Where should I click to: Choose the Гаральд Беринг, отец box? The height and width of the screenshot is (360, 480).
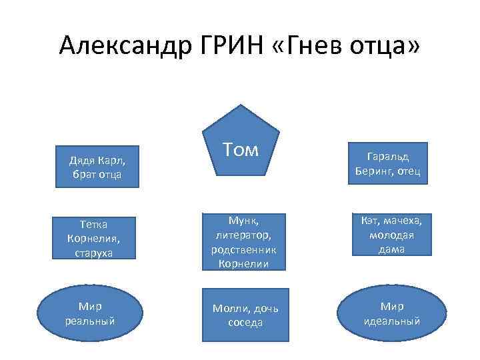pyautogui.click(x=387, y=163)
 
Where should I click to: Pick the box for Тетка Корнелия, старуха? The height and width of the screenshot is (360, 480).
pyautogui.click(x=97, y=238)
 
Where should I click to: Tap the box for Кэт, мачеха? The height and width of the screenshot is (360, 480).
pyautogui.click(x=387, y=234)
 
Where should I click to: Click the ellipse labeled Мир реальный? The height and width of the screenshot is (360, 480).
pyautogui.click(x=90, y=313)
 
